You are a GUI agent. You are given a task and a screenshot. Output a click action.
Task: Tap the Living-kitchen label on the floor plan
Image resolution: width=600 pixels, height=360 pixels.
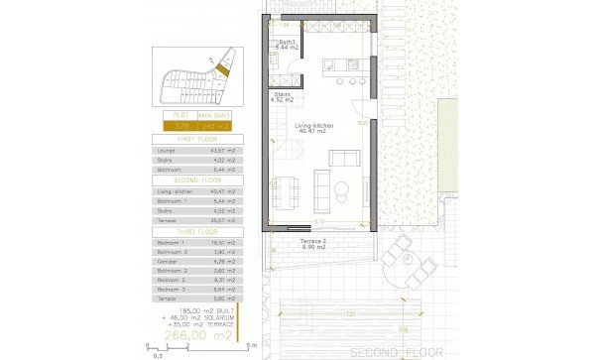tap(314, 128)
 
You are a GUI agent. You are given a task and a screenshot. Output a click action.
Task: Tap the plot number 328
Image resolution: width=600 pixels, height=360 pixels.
tap(181, 127)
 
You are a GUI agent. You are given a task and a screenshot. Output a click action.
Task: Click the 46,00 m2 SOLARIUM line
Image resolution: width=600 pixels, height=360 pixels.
tap(198, 317)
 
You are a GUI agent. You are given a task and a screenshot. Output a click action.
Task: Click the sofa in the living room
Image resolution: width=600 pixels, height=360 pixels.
tap(342, 159)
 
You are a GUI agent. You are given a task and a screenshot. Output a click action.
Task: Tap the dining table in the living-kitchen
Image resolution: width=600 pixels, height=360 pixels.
tap(288, 188)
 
